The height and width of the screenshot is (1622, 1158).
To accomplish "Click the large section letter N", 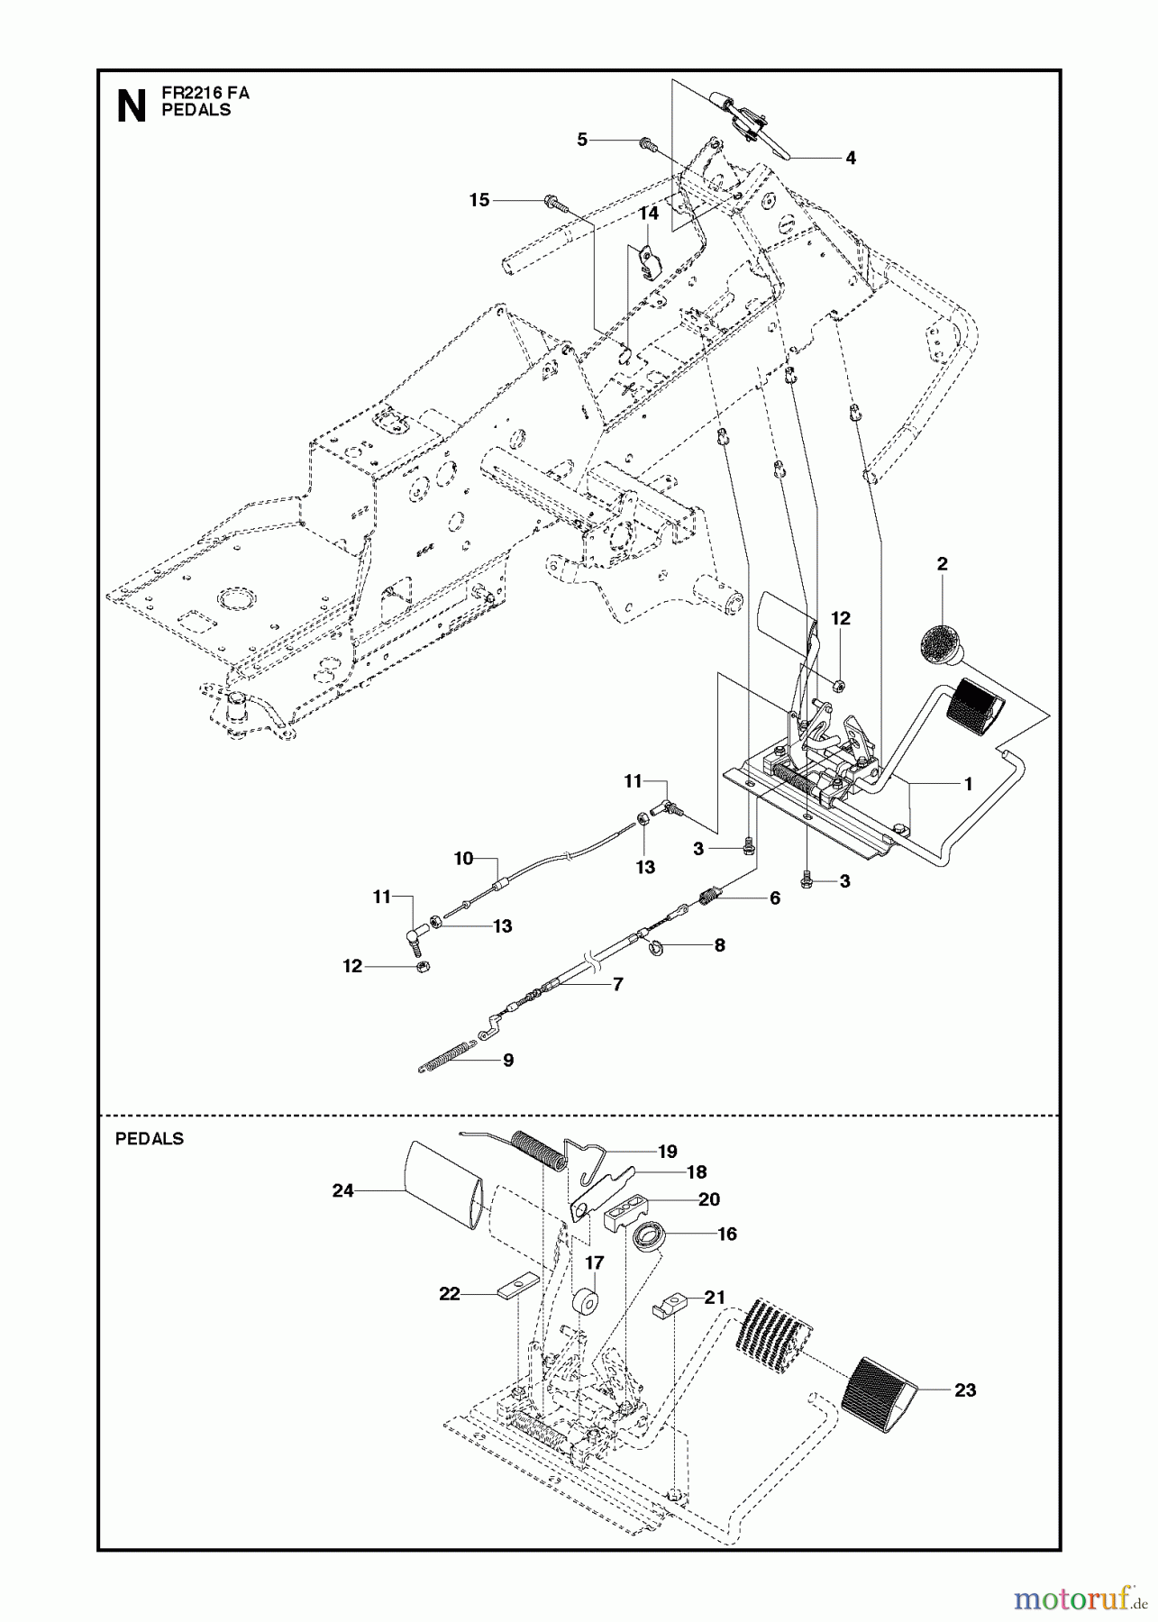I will tap(132, 107).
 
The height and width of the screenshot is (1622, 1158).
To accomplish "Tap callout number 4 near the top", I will tap(850, 159).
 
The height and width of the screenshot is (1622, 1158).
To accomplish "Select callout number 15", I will tap(479, 199).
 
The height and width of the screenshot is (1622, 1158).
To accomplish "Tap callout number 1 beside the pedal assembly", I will tap(968, 784).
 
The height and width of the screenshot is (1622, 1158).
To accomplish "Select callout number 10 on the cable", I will tap(463, 859).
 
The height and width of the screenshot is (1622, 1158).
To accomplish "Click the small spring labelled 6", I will tap(712, 896).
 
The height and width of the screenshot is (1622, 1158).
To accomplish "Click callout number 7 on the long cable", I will tap(617, 985).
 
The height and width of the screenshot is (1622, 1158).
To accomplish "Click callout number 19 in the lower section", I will tap(667, 1152).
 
